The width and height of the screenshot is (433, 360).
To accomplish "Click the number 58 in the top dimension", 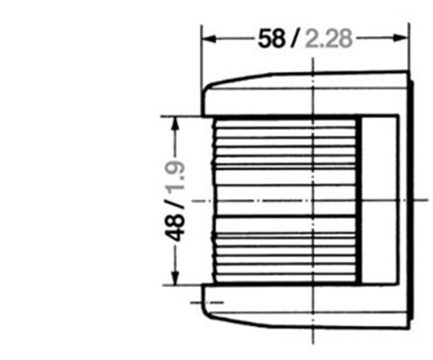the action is [271, 39].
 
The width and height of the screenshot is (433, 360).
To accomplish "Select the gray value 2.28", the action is [328, 39].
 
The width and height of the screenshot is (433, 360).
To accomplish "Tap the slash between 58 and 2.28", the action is [294, 38].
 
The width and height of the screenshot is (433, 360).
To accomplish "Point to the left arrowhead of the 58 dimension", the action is [209, 39].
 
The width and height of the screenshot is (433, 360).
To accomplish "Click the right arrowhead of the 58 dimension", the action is [401, 38].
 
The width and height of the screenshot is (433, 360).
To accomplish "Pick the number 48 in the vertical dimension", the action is [175, 228].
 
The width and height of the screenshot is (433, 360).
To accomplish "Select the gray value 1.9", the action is [175, 176].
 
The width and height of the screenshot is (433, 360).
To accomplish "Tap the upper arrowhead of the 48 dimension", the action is [175, 124].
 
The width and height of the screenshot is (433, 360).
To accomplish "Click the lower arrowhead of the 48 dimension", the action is [175, 278].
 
